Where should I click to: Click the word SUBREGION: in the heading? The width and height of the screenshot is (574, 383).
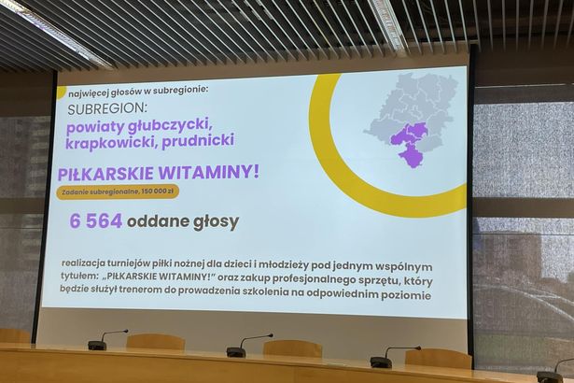pyautogui.click(x=107, y=108)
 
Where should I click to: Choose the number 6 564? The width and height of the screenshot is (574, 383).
pyautogui.click(x=96, y=221)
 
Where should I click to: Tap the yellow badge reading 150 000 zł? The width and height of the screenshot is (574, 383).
pyautogui.click(x=118, y=191)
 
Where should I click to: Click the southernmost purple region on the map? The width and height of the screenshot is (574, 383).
pyautogui.click(x=412, y=155)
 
